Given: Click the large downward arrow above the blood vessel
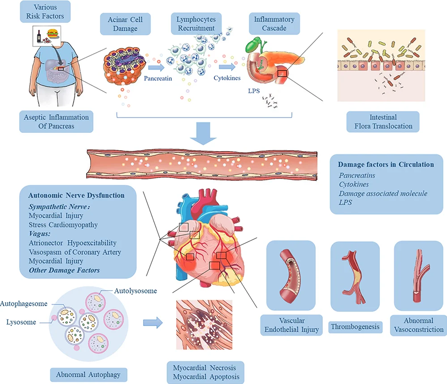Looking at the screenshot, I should (x=204, y=135).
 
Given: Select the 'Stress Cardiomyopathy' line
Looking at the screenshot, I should (x=63, y=224).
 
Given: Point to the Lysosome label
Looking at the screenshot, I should (x=22, y=322).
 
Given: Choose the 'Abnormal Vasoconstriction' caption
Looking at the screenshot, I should (x=418, y=325).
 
